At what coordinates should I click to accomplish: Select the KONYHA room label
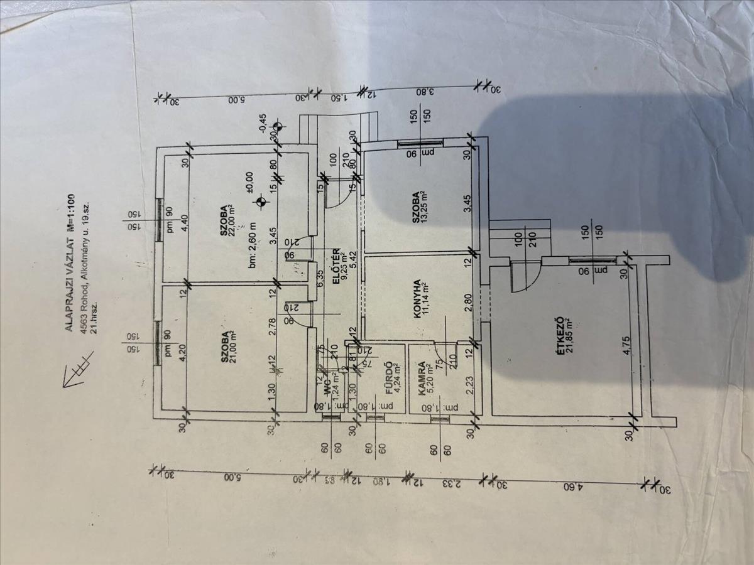pos(417,301)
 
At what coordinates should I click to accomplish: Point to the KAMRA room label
pos(423,379)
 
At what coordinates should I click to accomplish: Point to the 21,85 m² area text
pos(571,335)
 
